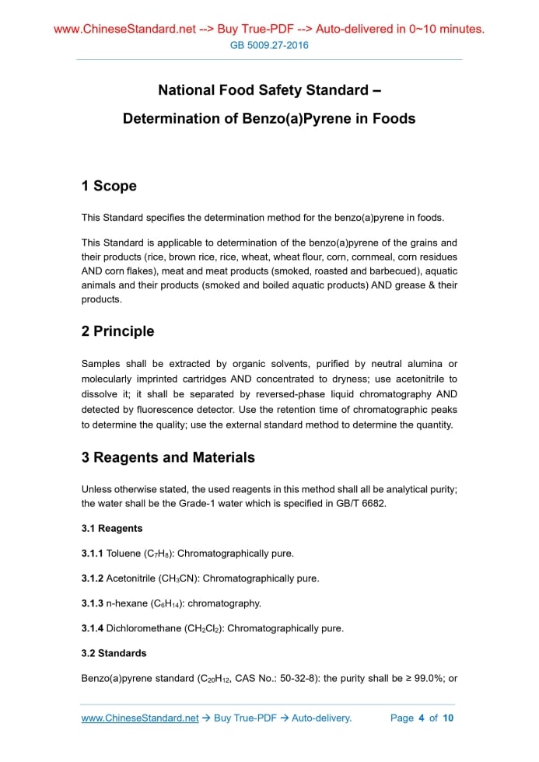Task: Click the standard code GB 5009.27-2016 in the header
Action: click(x=269, y=45)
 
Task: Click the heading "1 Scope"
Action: click(x=109, y=186)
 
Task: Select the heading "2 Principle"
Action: click(x=117, y=331)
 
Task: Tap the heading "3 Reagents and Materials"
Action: click(x=168, y=457)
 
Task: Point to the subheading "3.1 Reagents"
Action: click(x=112, y=529)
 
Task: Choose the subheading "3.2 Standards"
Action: click(x=114, y=653)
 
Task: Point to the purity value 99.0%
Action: click(x=425, y=678)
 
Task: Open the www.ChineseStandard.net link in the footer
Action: click(x=140, y=718)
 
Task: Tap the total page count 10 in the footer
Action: click(x=448, y=718)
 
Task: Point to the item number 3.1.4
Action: click(x=93, y=628)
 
